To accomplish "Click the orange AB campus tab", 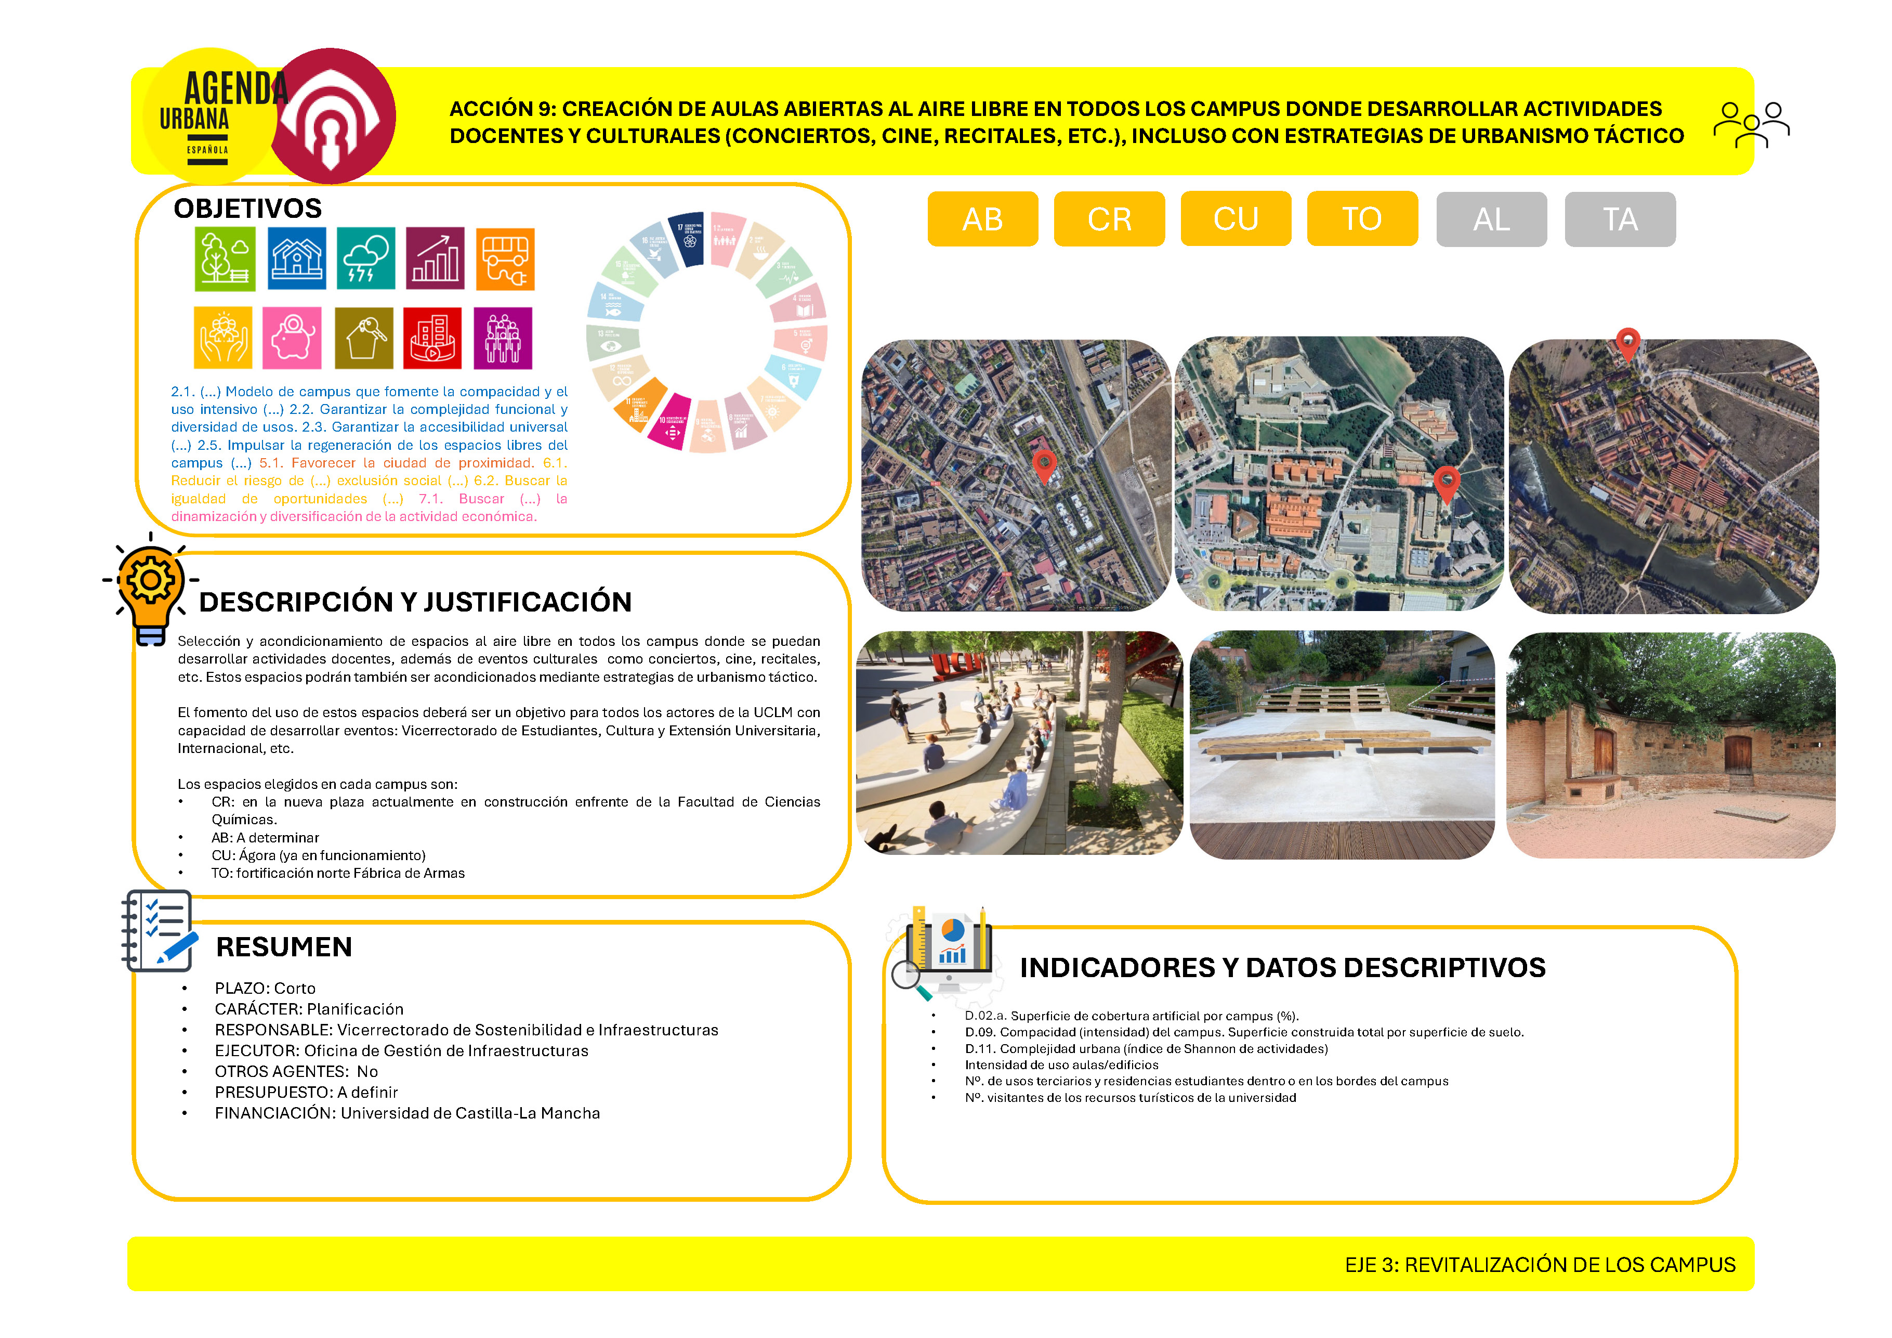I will (982, 219).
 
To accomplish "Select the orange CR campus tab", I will (1109, 219).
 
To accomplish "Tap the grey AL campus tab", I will (1492, 219).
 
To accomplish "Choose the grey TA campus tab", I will (1620, 219).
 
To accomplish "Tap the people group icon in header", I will (1751, 125).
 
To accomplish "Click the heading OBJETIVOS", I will (247, 209).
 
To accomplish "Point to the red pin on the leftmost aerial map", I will (1044, 465).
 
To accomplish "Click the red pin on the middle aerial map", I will (1446, 482).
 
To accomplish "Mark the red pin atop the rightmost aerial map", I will (1627, 342).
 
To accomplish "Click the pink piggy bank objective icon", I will (292, 338).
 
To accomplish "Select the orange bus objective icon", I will (505, 259).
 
